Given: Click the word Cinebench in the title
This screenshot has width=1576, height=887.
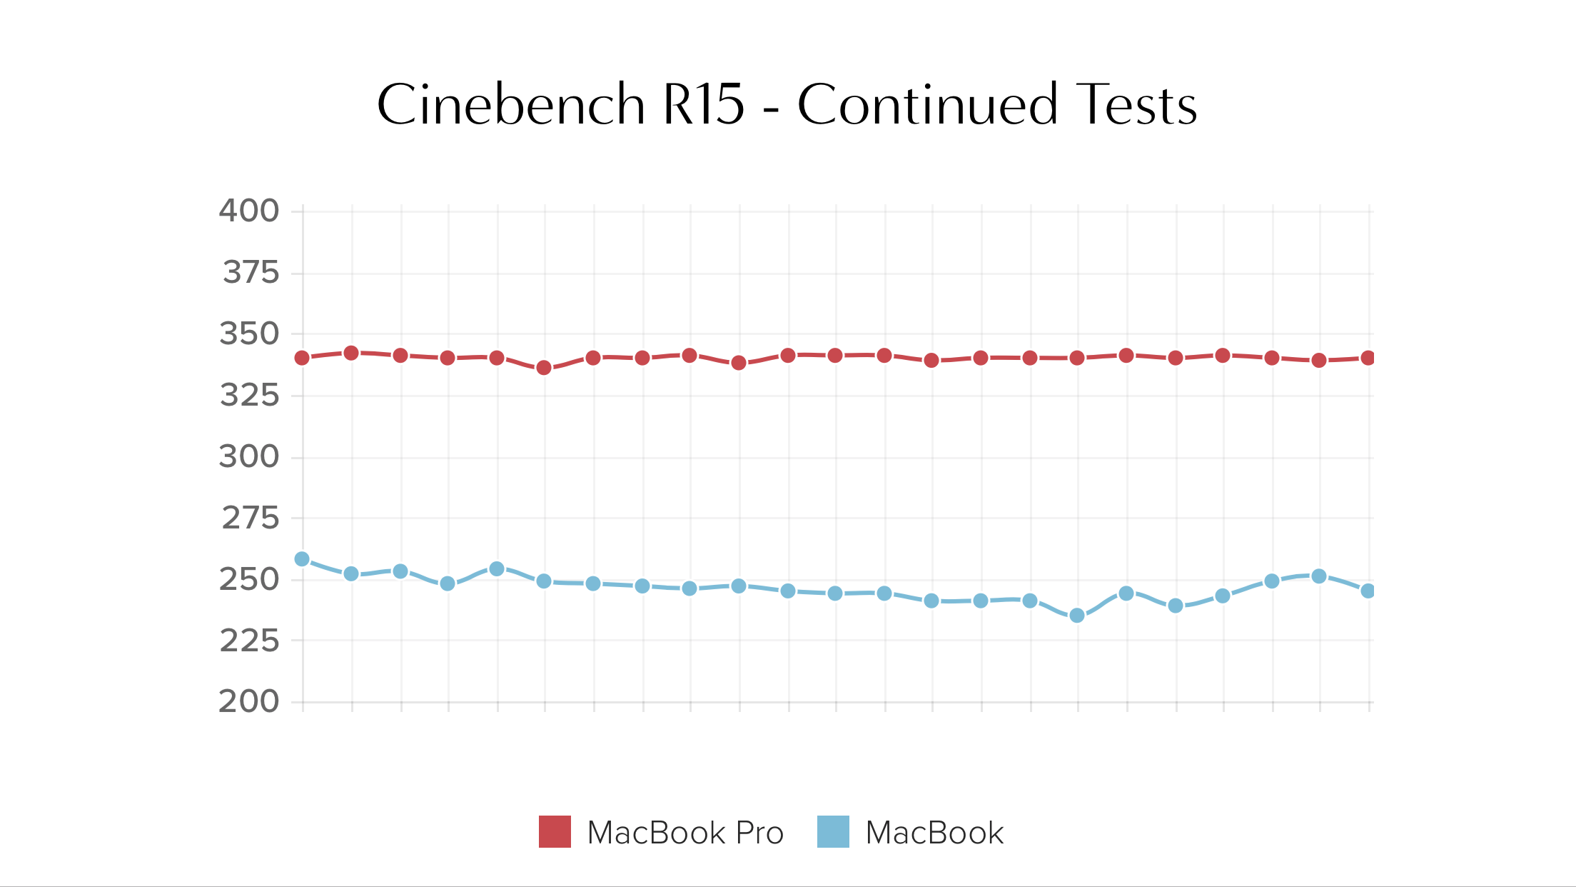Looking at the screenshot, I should click(511, 104).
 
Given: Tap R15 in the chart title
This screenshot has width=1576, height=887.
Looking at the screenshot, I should click(704, 104).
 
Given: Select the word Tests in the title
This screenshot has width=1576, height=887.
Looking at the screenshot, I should click(1136, 104).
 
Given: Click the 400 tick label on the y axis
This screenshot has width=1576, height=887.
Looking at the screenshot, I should click(248, 211).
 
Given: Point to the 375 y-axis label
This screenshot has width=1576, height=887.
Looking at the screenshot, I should click(251, 272).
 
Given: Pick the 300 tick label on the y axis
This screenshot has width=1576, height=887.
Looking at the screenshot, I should click(248, 456).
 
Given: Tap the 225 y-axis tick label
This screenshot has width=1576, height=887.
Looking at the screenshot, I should click(249, 641).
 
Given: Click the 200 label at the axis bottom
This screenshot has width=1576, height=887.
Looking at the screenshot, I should click(248, 701).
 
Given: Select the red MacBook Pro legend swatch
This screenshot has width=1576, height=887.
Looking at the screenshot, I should click(555, 831).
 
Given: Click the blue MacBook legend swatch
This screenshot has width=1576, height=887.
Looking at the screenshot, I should click(833, 831).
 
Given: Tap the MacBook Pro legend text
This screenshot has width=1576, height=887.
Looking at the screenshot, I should click(685, 833).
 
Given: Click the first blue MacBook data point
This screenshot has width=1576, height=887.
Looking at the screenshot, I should click(302, 558).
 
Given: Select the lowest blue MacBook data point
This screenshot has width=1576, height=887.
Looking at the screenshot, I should click(1077, 615).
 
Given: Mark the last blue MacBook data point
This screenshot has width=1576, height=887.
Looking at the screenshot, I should click(1368, 591).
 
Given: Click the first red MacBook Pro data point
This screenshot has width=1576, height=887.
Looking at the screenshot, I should click(302, 357).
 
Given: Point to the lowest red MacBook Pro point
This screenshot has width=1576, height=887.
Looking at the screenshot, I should click(544, 367).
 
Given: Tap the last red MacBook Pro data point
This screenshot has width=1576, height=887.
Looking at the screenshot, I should click(1368, 357).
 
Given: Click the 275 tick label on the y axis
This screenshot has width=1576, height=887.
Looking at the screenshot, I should click(251, 518).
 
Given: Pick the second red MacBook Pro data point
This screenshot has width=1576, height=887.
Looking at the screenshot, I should click(351, 353).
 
